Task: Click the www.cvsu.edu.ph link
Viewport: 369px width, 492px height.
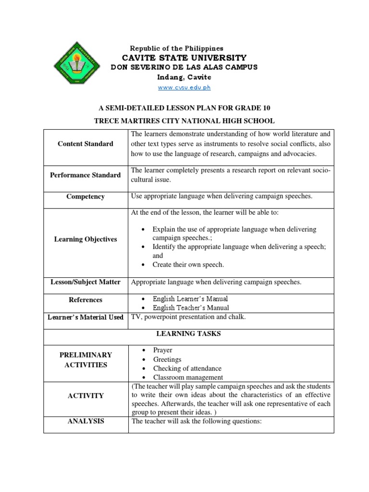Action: click(x=184, y=87)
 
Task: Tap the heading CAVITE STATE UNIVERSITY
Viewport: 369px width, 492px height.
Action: click(x=184, y=58)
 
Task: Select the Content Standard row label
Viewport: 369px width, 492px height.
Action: click(x=86, y=144)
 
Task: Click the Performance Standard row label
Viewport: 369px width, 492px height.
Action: click(x=86, y=175)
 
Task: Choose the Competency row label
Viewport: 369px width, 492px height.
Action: click(x=86, y=197)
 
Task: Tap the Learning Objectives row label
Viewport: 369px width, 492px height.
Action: click(x=86, y=239)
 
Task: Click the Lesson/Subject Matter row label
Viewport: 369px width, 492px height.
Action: click(x=86, y=282)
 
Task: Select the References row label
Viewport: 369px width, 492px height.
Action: click(x=86, y=300)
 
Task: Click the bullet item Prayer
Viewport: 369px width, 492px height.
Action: click(x=162, y=350)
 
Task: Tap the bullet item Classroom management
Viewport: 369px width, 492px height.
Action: click(x=187, y=378)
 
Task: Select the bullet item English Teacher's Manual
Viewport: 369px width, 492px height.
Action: click(x=190, y=308)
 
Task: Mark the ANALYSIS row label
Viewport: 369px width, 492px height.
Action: click(x=86, y=421)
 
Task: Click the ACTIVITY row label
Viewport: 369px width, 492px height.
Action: click(x=86, y=396)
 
